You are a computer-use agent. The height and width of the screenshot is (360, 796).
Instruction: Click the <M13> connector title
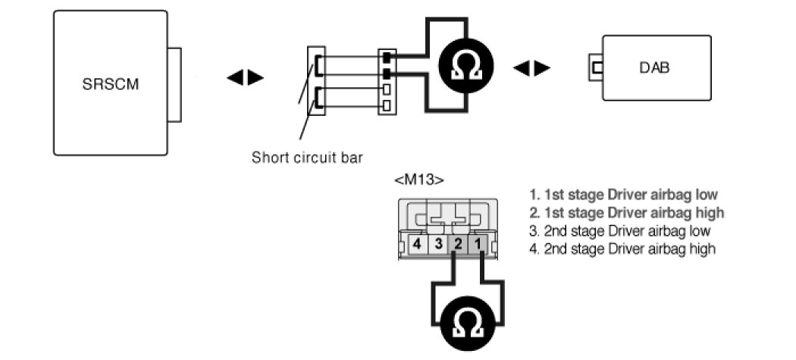click(x=419, y=180)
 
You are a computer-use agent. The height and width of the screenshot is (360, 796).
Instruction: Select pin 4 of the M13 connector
click(x=416, y=244)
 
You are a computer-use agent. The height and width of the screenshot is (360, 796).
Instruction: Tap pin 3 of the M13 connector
click(x=437, y=244)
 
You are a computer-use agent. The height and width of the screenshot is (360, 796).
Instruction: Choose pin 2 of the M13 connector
click(x=458, y=244)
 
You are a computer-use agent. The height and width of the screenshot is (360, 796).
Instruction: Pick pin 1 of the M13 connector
click(x=478, y=244)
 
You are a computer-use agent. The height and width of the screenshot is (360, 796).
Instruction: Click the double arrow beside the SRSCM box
click(x=245, y=77)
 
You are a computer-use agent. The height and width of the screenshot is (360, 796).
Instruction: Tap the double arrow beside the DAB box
click(x=531, y=68)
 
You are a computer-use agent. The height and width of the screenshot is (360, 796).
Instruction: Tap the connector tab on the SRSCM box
click(x=175, y=84)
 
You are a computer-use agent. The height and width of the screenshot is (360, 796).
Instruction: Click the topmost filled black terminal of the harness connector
click(x=387, y=58)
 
